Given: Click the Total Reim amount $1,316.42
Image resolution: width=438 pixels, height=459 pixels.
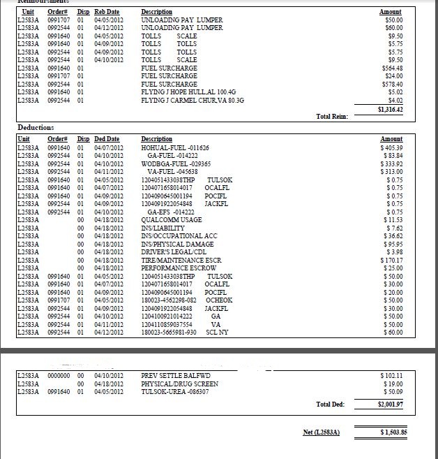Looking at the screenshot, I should click(x=391, y=109).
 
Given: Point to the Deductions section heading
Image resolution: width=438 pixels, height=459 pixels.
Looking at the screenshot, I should click(x=35, y=128).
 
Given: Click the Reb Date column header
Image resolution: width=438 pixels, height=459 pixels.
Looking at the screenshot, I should click(x=107, y=13).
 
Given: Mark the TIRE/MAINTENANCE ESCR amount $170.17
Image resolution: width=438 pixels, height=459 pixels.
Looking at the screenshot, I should click(x=392, y=260).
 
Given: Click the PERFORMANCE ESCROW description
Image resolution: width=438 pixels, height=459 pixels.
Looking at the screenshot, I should click(x=178, y=268).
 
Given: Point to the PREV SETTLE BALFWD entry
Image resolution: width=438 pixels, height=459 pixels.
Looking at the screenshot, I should click(x=174, y=376).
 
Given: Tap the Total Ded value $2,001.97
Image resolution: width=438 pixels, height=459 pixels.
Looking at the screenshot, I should click(x=391, y=405).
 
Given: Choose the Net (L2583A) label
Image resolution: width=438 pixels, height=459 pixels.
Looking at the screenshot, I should click(x=321, y=432).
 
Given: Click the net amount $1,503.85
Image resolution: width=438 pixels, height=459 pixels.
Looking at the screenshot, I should click(x=393, y=432).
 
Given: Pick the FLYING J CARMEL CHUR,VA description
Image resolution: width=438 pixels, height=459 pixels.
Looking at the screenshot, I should click(x=192, y=100).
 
